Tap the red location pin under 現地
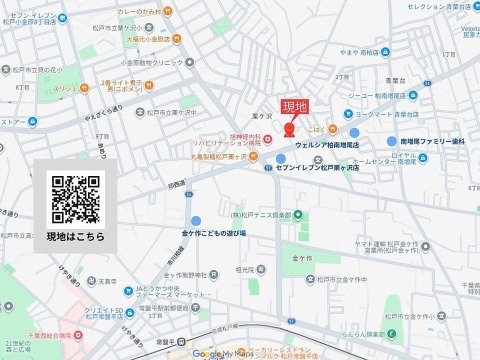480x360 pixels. click(x=290, y=128)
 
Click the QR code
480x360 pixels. click(x=76, y=199)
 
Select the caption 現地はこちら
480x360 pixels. click(x=76, y=236)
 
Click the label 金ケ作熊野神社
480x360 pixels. click(x=187, y=274)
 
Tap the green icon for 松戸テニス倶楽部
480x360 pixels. click(x=284, y=229)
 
